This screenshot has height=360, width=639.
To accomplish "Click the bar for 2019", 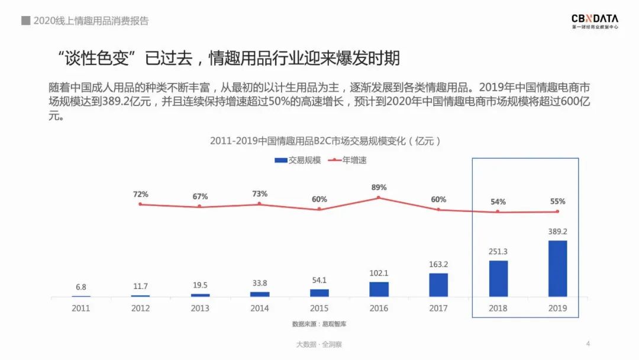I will (557, 268).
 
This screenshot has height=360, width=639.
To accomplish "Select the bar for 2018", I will (498, 278).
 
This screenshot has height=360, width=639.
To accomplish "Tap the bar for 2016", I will (379, 289).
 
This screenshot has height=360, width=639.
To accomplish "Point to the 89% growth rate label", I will (379, 188).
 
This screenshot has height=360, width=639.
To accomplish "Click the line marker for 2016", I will (379, 198).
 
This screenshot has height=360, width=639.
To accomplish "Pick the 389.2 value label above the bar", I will (557, 232).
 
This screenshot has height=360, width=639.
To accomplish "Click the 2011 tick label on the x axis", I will (81, 308).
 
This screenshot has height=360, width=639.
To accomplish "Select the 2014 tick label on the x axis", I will (259, 308).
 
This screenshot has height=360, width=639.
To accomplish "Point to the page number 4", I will (588, 344).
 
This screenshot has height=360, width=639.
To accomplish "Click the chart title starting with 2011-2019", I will (325, 141).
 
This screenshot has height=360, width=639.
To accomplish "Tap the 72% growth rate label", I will (141, 194).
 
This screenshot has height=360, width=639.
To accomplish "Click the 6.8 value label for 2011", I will (81, 287).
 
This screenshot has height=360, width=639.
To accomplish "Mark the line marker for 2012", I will (141, 204).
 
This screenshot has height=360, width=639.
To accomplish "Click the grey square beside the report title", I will (26, 21).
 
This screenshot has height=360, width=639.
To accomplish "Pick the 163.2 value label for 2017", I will (438, 265).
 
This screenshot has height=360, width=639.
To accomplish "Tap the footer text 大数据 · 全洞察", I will (319, 344).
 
